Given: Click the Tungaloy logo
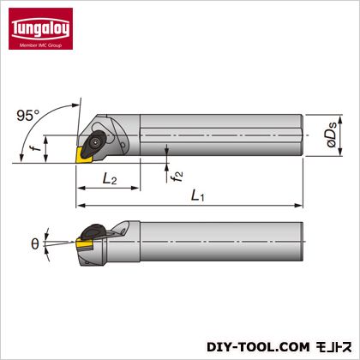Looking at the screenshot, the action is pyautogui.click(x=40, y=28).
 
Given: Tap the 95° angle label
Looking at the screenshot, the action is pyautogui.click(x=28, y=116).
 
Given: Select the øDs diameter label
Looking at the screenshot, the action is pyautogui.click(x=332, y=134).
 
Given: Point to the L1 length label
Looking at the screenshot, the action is pyautogui.click(x=198, y=196).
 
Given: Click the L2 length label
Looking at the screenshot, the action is pyautogui.click(x=110, y=179).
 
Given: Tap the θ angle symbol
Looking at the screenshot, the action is pyautogui.click(x=35, y=244).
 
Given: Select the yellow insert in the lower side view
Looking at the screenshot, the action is pyautogui.click(x=85, y=244).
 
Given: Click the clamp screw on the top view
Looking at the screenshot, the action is pyautogui.click(x=94, y=141).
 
